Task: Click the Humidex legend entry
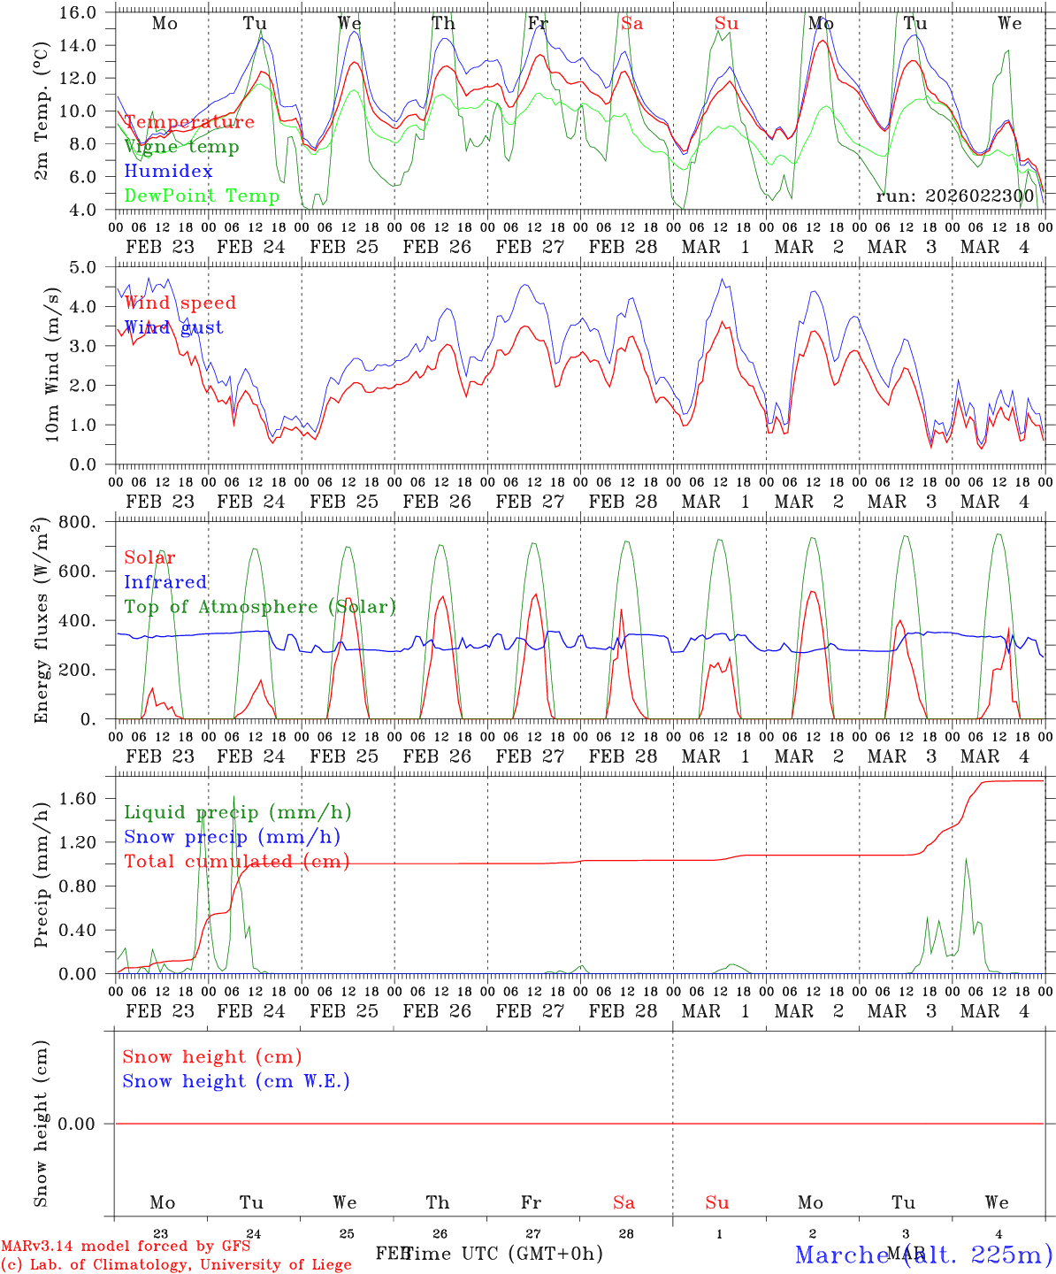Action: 168,172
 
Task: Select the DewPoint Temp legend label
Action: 202,196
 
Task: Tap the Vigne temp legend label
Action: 181,147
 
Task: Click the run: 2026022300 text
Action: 954,196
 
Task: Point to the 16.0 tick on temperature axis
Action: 79,12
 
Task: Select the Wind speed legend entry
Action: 180,303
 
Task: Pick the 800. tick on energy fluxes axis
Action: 78,522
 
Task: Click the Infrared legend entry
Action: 165,582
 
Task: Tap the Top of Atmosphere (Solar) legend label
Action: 260,607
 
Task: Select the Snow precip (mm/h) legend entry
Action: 232,837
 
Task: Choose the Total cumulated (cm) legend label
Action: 236,862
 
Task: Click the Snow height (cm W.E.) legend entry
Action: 236,1081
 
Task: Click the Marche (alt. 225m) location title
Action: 923,1255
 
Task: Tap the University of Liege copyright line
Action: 176,1264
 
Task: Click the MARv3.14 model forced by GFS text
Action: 126,1247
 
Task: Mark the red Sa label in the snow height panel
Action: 624,1202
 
